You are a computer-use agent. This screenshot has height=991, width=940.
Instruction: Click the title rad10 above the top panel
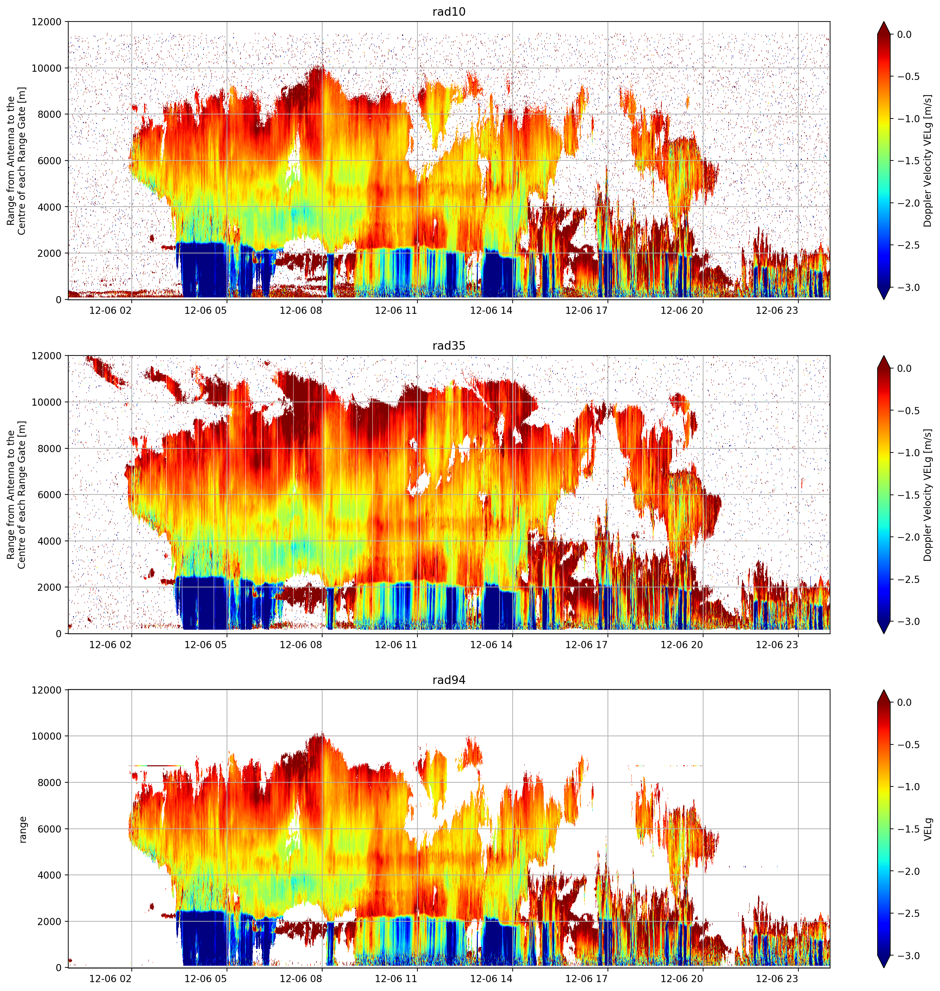[x=448, y=12]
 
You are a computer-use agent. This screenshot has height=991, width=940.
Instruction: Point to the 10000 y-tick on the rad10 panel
[x=46, y=68]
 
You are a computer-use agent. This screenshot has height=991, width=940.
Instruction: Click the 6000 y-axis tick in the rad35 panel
[x=49, y=495]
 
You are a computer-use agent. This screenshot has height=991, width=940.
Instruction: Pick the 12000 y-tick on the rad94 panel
[x=46, y=690]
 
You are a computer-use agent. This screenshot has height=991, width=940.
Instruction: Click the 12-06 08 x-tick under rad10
[x=301, y=310]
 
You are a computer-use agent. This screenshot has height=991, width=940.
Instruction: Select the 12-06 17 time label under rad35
[x=586, y=645]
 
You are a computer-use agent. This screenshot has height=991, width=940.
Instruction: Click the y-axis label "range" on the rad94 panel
[x=23, y=829]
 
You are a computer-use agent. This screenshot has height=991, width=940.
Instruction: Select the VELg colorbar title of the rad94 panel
[x=928, y=829]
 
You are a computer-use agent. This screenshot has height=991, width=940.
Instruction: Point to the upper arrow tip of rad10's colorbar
[x=884, y=22]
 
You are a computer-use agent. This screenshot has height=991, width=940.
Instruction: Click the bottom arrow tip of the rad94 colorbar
[x=884, y=968]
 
